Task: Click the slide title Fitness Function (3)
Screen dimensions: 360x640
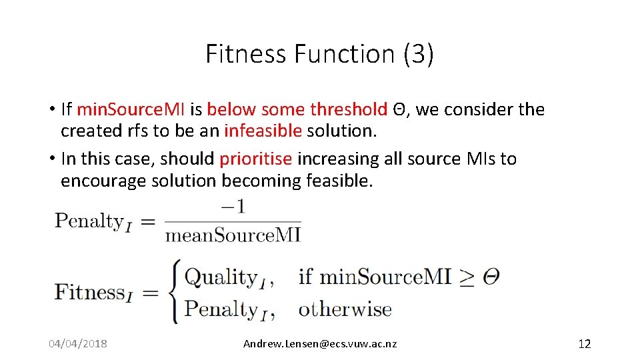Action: (x=319, y=54)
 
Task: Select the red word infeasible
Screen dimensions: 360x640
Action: (x=263, y=131)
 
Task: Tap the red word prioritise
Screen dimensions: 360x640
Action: (x=255, y=159)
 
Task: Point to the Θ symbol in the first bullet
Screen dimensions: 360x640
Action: (x=397, y=109)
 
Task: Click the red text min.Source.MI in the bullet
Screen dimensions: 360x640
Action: (x=131, y=109)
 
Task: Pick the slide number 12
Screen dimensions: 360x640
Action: (x=584, y=344)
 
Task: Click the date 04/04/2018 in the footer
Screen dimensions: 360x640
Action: (x=78, y=344)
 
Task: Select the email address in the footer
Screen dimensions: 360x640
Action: (x=319, y=344)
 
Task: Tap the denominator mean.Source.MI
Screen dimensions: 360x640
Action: (x=233, y=235)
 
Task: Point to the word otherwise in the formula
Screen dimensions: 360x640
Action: (x=345, y=309)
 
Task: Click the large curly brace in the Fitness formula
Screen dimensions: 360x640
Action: (x=173, y=292)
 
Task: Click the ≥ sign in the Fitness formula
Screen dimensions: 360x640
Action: (x=467, y=277)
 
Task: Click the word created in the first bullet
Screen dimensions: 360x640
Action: (x=83, y=131)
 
